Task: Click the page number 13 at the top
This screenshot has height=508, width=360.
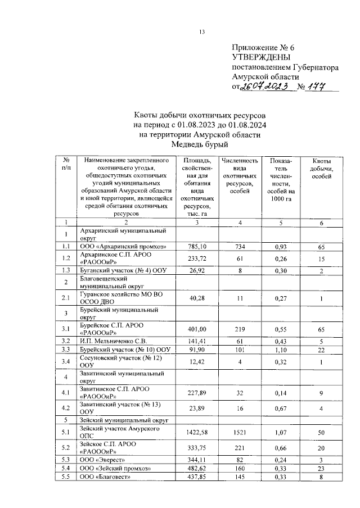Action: click(201, 31)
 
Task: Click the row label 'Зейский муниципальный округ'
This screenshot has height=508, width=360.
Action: click(124, 420)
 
